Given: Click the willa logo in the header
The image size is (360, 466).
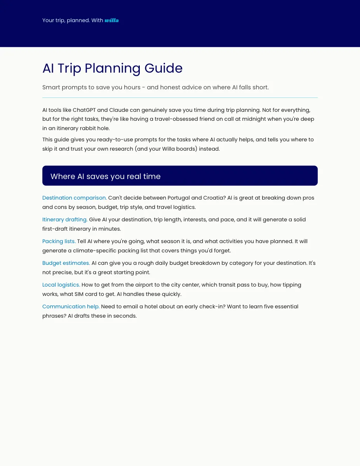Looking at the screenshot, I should pyautogui.click(x=111, y=20).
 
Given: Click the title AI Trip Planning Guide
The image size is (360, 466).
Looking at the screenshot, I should pyautogui.click(x=112, y=68).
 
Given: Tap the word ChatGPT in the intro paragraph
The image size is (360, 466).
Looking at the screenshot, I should pyautogui.click(x=85, y=110).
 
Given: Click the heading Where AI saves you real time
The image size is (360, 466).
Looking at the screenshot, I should pyautogui.click(x=105, y=176).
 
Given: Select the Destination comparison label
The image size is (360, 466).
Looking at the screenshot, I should pyautogui.click(x=74, y=198).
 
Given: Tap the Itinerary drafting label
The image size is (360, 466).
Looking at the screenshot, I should pyautogui.click(x=65, y=219).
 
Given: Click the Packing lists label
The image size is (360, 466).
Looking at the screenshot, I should pyautogui.click(x=59, y=241).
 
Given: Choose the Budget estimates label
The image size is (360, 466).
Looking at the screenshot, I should pyautogui.click(x=66, y=263).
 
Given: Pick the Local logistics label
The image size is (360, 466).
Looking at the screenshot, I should pyautogui.click(x=61, y=285).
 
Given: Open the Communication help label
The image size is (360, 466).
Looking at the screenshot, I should pyautogui.click(x=71, y=306).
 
